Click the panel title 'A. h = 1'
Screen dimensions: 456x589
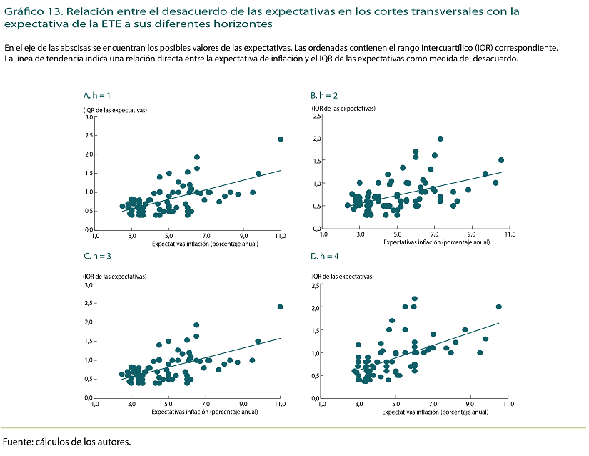(97, 94)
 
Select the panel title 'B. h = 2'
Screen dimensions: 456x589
(324, 94)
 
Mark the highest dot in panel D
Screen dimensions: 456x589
(415, 299)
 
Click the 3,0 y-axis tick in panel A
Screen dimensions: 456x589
(89, 117)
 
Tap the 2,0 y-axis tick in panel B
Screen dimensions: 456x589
(317, 138)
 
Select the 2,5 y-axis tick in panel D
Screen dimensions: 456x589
(317, 286)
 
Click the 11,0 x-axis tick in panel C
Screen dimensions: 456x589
(280, 405)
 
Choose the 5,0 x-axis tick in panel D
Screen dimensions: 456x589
(396, 405)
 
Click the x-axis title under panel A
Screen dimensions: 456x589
(205, 243)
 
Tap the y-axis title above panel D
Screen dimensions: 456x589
(343, 276)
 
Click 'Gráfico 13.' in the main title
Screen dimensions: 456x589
(27, 11)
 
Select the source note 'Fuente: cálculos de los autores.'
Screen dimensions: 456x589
(67, 441)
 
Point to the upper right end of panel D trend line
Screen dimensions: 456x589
(499, 323)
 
